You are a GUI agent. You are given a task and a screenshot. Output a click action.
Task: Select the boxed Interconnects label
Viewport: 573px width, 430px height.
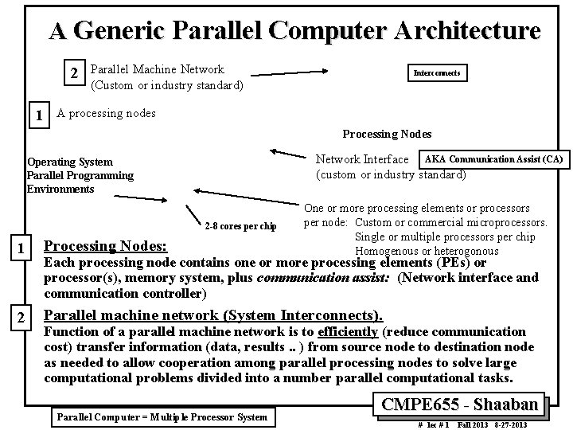click(x=437, y=73)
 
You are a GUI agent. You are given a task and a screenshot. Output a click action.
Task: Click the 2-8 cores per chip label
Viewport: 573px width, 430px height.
click(x=240, y=226)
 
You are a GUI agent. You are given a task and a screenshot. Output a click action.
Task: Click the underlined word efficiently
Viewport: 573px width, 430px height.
click(x=347, y=331)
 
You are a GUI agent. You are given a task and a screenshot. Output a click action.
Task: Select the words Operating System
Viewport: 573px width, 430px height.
click(x=70, y=162)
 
